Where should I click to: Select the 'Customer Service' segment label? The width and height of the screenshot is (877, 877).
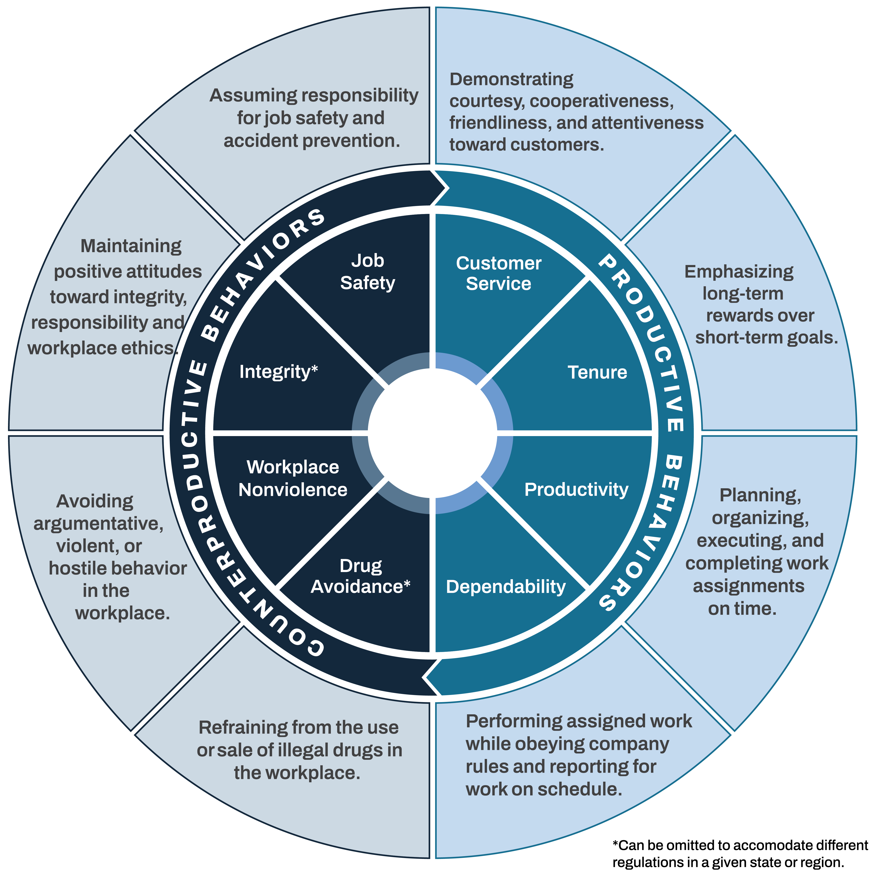[498, 273]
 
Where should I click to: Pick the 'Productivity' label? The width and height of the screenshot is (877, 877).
[576, 489]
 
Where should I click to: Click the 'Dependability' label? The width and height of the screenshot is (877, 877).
[506, 587]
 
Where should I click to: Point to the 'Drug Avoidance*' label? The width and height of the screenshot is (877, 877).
[361, 576]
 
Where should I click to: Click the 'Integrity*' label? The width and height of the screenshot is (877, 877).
[278, 372]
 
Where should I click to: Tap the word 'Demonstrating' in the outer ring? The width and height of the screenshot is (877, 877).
[511, 79]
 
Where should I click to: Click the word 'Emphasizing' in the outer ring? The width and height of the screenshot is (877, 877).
[739, 271]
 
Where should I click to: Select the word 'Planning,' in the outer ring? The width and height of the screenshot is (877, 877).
[760, 495]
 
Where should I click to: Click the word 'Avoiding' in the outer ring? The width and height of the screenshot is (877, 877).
[95, 501]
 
